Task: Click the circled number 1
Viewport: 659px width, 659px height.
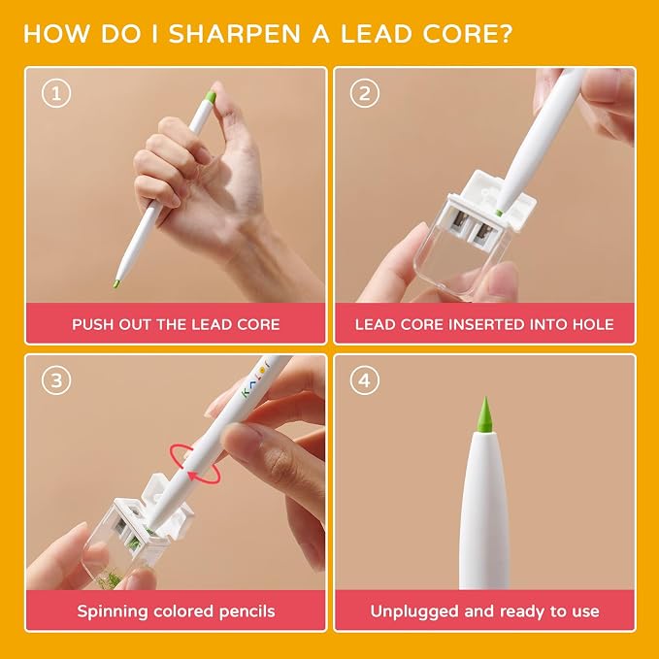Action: [56, 93]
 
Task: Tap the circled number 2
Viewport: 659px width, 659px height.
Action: [364, 93]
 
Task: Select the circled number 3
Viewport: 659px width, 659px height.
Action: [56, 380]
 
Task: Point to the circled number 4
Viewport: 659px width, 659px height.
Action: [364, 380]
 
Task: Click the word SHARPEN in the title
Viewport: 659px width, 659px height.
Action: [235, 34]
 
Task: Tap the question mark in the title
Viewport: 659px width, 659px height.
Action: [506, 34]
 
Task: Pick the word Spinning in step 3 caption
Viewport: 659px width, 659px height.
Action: [112, 611]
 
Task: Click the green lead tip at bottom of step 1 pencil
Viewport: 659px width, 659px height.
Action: [117, 282]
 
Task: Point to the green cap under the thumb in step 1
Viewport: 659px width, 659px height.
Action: [211, 98]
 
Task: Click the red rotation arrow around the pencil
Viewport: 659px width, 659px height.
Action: [194, 465]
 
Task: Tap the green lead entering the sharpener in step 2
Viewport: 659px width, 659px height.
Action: [499, 213]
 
